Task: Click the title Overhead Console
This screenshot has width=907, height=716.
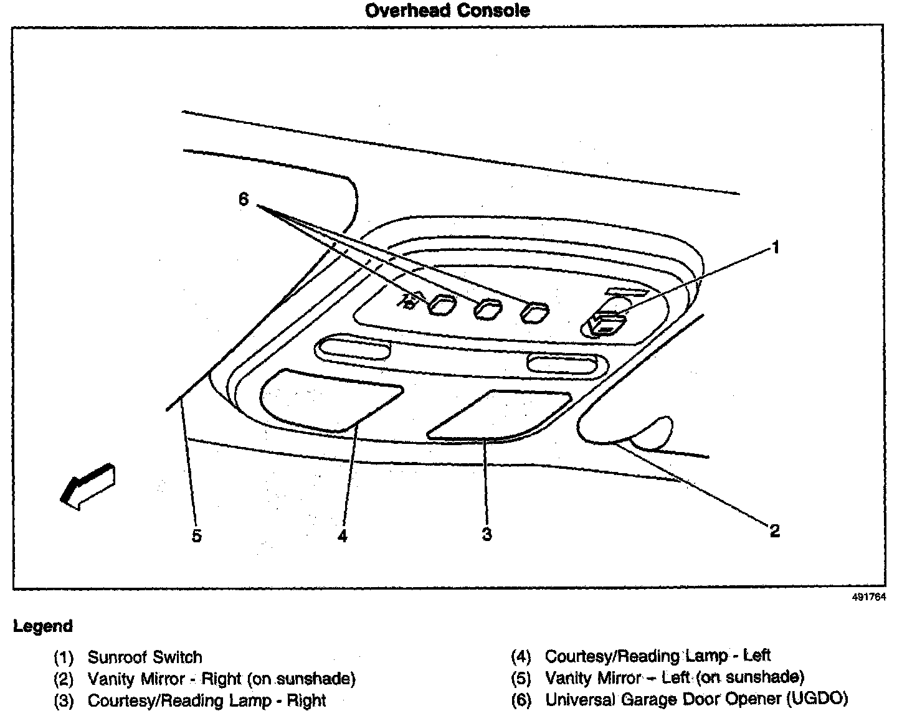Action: pos(447,11)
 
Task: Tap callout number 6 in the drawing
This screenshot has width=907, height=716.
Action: pos(244,199)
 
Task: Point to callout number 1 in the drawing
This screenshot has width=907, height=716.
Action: pos(776,248)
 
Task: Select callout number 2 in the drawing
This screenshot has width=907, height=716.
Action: pos(775,530)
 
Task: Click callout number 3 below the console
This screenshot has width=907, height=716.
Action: pos(487,534)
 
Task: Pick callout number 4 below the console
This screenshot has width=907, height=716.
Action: pos(342,535)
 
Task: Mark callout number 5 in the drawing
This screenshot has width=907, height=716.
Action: pos(197,535)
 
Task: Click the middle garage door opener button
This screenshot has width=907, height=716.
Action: pos(488,309)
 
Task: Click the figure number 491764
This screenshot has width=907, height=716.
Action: pos(868,596)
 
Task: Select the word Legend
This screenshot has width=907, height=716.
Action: pos(43,626)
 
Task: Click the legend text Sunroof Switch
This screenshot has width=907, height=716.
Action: pos(145,657)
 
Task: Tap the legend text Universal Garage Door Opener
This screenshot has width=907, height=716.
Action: pos(696,699)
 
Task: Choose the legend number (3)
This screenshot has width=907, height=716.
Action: pos(64,701)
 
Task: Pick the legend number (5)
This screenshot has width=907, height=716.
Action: pos(521,677)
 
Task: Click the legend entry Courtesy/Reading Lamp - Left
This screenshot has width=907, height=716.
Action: pos(657,656)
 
